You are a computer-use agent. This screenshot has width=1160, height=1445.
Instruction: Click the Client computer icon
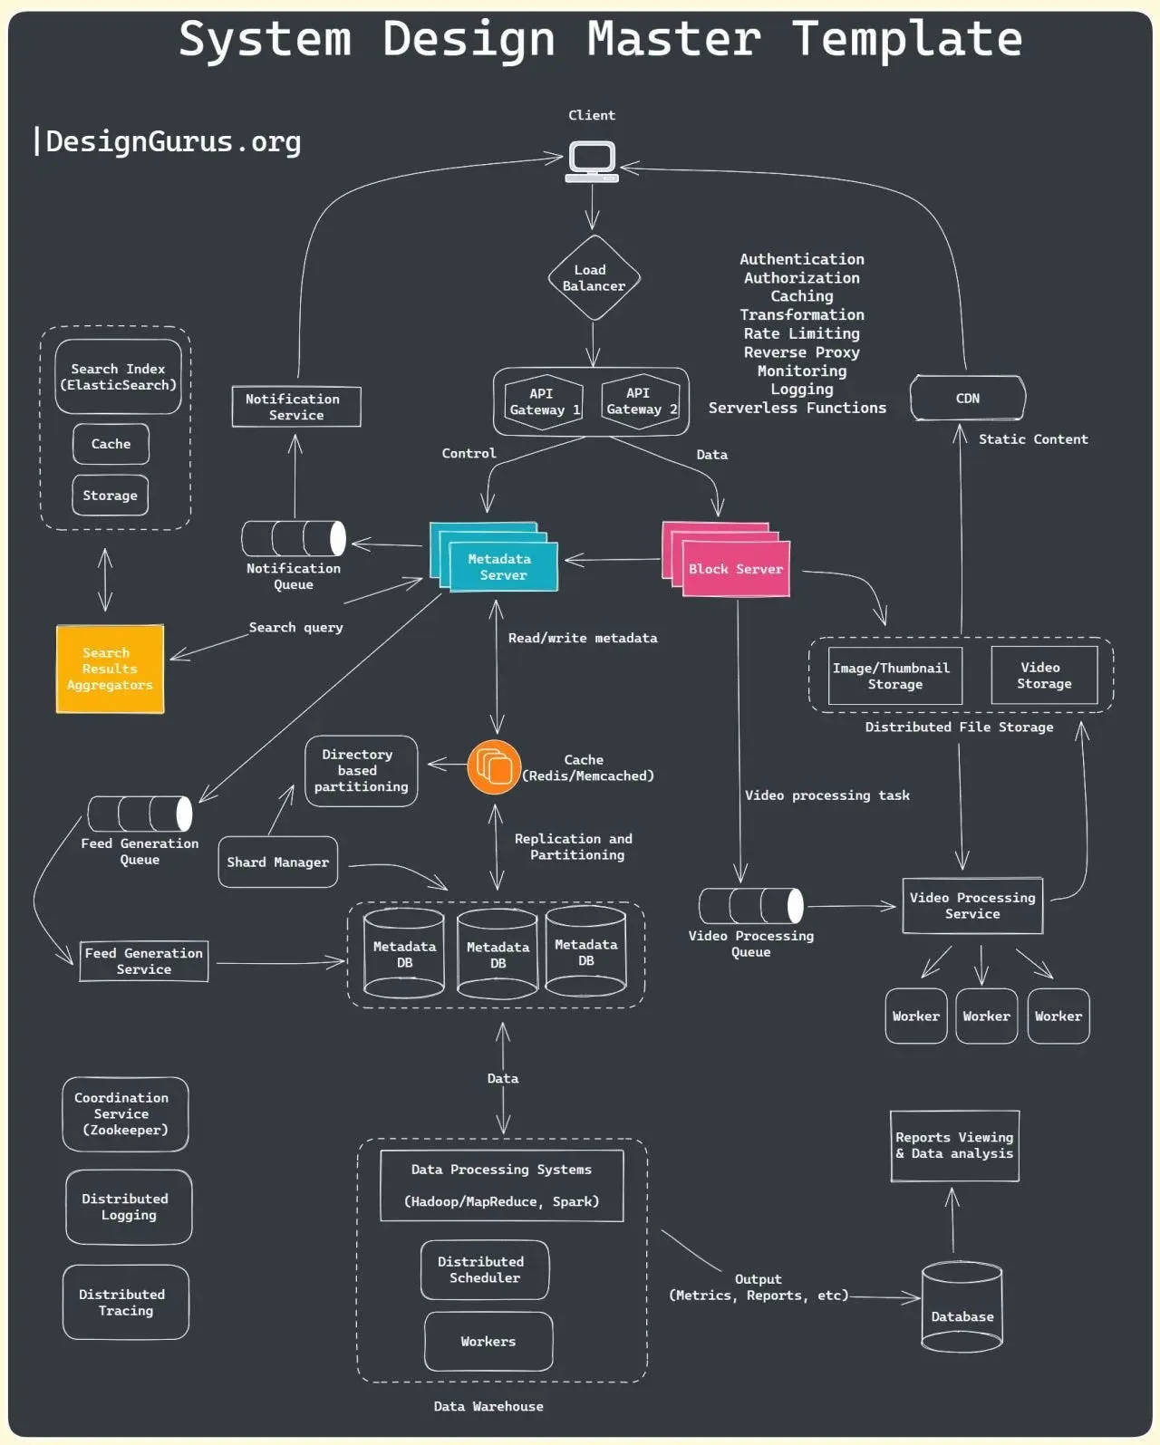(x=592, y=161)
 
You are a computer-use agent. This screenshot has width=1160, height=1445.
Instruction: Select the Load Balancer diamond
(x=594, y=278)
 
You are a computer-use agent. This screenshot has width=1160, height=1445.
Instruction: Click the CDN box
(x=967, y=399)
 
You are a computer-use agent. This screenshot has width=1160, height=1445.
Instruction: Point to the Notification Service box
(x=296, y=407)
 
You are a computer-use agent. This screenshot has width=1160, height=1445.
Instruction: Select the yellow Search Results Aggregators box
(x=110, y=669)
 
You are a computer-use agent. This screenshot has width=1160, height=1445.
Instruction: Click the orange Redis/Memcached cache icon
(x=494, y=767)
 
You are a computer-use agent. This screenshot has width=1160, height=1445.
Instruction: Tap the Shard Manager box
(x=277, y=862)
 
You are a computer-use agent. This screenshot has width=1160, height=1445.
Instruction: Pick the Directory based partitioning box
(x=361, y=771)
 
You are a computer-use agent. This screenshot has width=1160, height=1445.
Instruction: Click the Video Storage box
(x=1044, y=676)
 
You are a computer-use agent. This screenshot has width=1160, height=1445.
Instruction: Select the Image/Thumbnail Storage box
(x=894, y=676)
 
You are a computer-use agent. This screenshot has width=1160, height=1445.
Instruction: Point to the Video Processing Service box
(x=972, y=906)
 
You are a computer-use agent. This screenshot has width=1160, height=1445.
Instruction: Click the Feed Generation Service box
(x=144, y=961)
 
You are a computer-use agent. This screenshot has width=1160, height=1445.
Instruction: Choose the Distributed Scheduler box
(x=484, y=1270)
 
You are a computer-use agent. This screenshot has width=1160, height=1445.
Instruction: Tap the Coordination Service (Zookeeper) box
(x=125, y=1114)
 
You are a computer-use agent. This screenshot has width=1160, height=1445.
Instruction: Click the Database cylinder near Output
(x=962, y=1307)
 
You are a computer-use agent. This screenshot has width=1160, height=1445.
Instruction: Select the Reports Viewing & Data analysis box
(x=954, y=1146)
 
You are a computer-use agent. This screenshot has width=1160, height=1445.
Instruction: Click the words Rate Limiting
(x=801, y=333)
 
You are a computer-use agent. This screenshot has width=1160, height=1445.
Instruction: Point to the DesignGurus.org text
(x=172, y=142)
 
